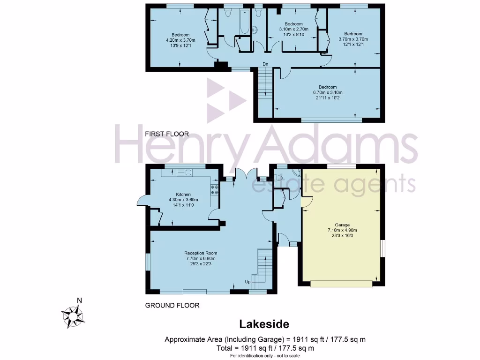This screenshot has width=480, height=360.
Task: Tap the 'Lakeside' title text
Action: point(264,324)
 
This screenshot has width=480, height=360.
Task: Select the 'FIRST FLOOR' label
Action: point(167,134)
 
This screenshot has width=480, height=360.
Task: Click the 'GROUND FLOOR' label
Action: point(172,305)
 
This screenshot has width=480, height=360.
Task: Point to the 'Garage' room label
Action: point(342,225)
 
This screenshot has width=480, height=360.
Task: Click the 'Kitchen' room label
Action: point(183,194)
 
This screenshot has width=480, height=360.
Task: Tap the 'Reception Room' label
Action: point(201,253)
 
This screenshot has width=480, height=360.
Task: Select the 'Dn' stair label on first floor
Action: point(265,64)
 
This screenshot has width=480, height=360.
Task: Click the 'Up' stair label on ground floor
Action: point(247,282)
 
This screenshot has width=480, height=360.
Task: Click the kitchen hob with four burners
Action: point(215,189)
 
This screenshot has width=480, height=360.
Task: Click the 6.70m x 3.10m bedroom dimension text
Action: point(328,93)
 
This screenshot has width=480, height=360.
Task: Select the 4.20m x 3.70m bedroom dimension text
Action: point(180,41)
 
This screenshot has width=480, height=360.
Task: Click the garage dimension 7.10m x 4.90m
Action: point(342,231)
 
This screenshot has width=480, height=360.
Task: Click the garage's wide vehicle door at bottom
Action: point(341,283)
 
